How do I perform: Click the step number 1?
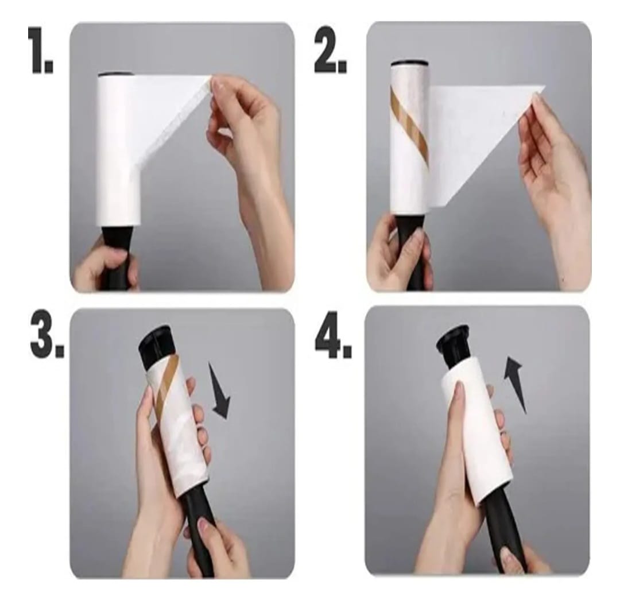point(41,50)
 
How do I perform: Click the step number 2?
point(331,50)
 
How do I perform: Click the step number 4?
point(333,335)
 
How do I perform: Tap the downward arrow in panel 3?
point(219,392)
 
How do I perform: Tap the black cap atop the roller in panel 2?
point(410,63)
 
